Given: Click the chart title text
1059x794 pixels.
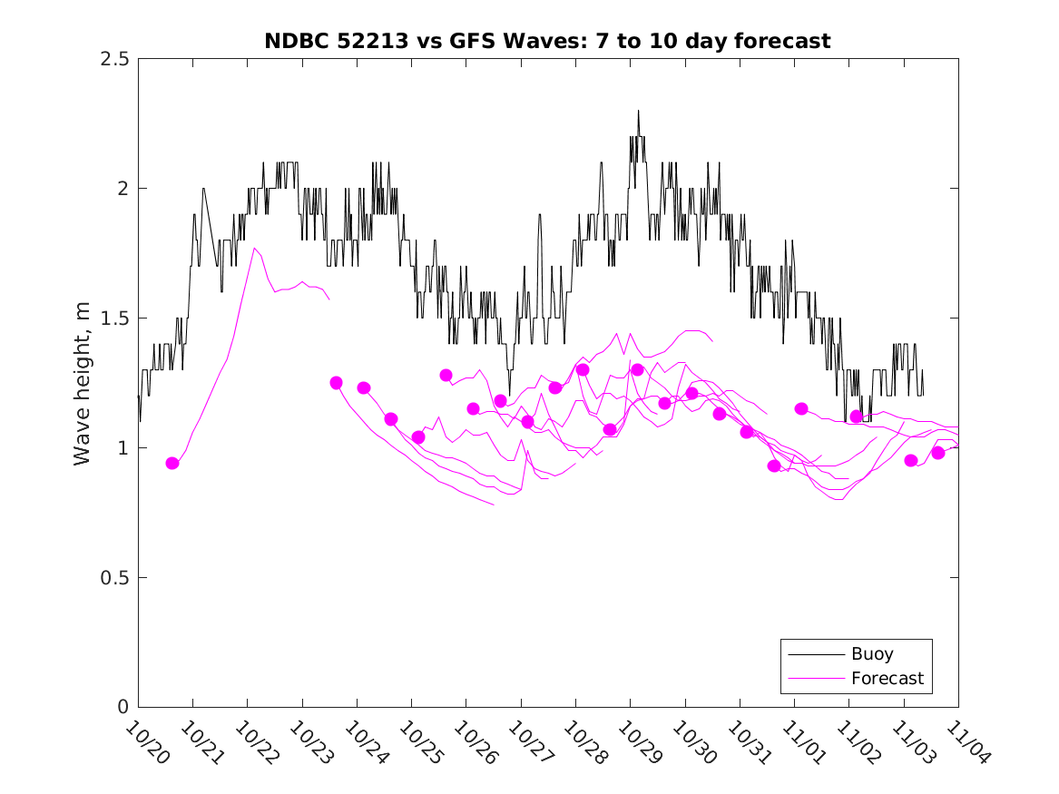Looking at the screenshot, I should click(x=547, y=41).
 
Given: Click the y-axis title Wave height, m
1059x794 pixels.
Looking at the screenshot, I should click(x=83, y=383).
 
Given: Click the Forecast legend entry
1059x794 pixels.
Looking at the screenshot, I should click(x=887, y=678).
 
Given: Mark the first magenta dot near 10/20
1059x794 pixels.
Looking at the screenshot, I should click(x=172, y=463).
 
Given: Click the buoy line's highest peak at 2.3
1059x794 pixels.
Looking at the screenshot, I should click(x=638, y=112).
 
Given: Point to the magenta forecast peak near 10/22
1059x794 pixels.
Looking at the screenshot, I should click(x=254, y=248).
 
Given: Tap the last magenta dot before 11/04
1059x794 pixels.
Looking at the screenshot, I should click(x=937, y=452).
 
